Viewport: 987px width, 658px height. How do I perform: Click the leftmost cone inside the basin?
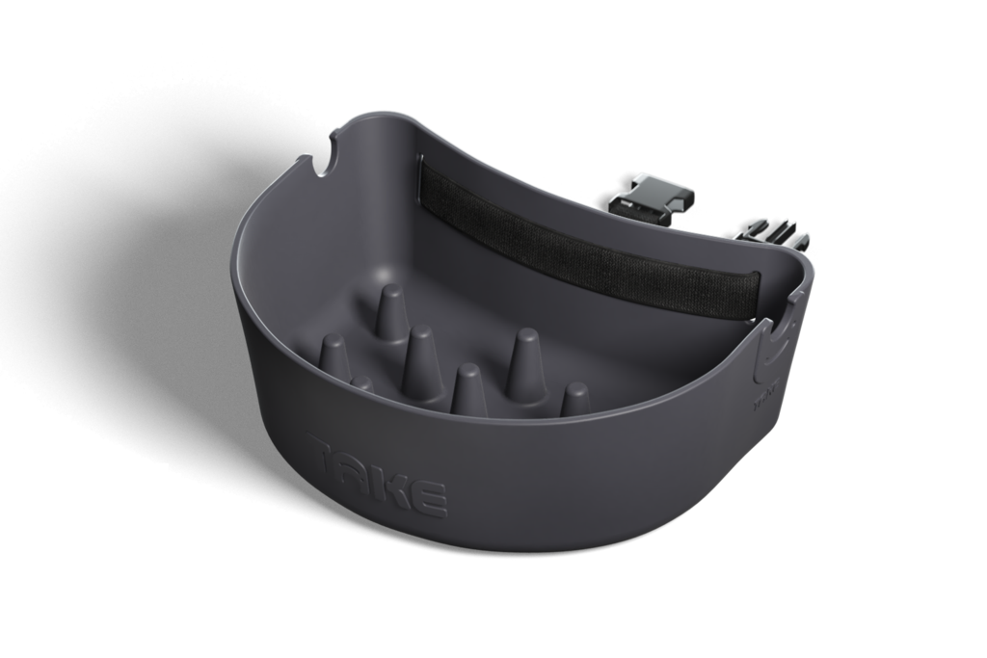[x=333, y=354]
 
